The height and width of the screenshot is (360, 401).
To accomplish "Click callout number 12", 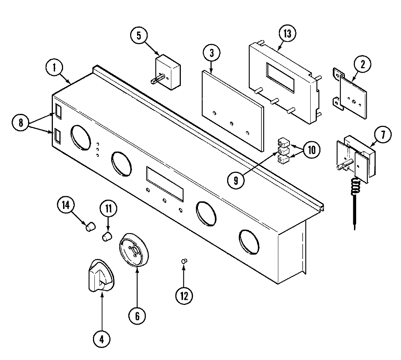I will click(184, 296).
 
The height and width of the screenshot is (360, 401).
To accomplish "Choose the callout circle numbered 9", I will click(236, 180).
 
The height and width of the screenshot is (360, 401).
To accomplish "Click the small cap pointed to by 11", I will click(106, 236).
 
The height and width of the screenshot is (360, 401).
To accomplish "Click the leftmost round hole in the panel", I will click(81, 137).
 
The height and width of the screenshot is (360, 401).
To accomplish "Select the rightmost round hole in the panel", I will click(249, 241).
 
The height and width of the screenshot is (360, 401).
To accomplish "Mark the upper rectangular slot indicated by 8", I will click(59, 111).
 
